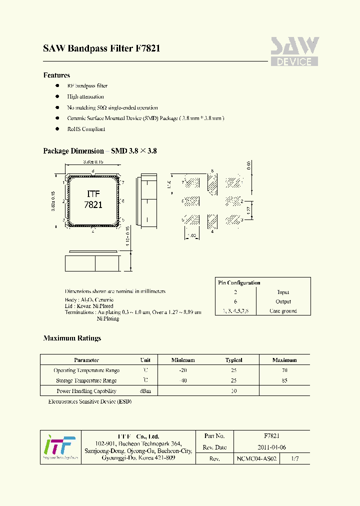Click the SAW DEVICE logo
(294, 51)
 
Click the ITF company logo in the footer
(59, 446)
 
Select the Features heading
(56, 75)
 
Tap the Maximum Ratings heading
(72, 338)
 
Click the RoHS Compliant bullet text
(86, 129)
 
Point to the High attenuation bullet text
(85, 97)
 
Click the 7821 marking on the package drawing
(93, 205)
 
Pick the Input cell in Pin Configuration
(283, 292)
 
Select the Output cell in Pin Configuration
(283, 301)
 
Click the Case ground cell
(283, 311)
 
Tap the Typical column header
(233, 360)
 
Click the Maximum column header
(284, 360)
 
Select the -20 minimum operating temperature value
(183, 370)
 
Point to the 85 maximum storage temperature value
(284, 380)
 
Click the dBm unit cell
(145, 391)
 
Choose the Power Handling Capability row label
(86, 391)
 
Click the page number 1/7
(296, 458)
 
